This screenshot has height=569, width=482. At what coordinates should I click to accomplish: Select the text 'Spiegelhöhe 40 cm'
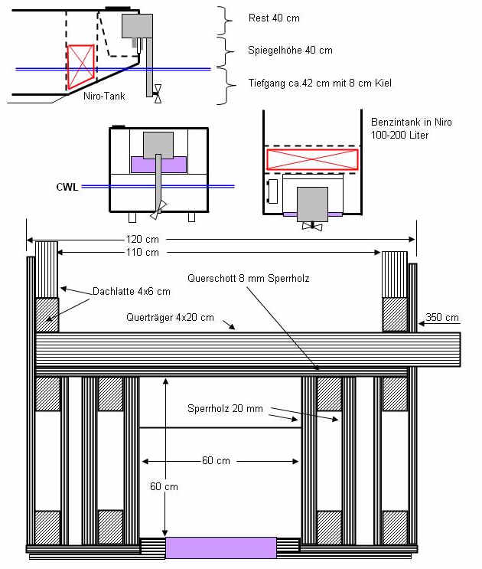(x=290, y=51)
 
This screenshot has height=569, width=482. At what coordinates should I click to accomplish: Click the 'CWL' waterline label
(x=67, y=185)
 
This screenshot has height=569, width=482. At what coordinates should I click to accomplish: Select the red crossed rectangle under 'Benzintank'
(x=311, y=159)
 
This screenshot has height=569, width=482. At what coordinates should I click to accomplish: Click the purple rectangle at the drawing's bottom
(x=220, y=547)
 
